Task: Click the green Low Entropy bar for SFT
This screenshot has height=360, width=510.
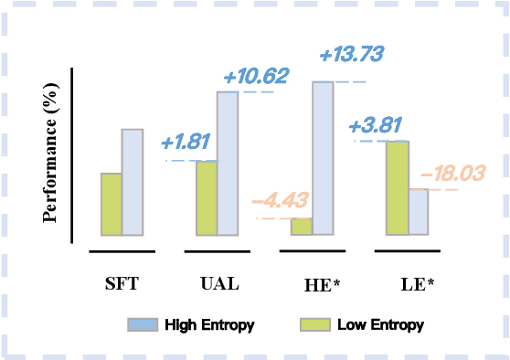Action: tap(111, 204)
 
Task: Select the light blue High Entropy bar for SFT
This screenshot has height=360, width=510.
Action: tap(133, 182)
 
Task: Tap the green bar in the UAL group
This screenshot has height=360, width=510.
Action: tap(207, 197)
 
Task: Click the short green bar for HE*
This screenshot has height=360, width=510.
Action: tap(302, 227)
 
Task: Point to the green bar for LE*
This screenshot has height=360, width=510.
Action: tap(397, 188)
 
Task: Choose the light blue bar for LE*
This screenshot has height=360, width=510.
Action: tap(418, 212)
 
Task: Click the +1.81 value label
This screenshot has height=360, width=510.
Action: tap(186, 143)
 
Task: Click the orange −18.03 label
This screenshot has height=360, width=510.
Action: tap(449, 173)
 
